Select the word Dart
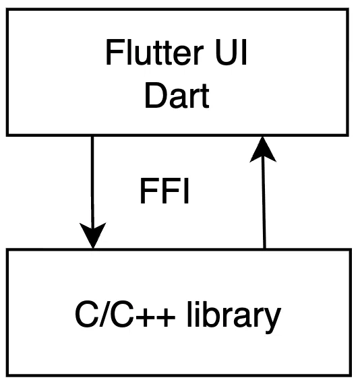coord(177,95)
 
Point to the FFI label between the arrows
coord(164,191)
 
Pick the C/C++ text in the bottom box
coord(125,315)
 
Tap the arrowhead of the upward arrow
coord(263,150)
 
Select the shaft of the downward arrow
coord(92,180)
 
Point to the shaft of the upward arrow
coord(264,205)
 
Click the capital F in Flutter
coord(114,53)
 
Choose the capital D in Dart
coord(155,95)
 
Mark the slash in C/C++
coord(103,315)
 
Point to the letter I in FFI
coord(187,191)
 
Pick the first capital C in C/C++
coord(86,315)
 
